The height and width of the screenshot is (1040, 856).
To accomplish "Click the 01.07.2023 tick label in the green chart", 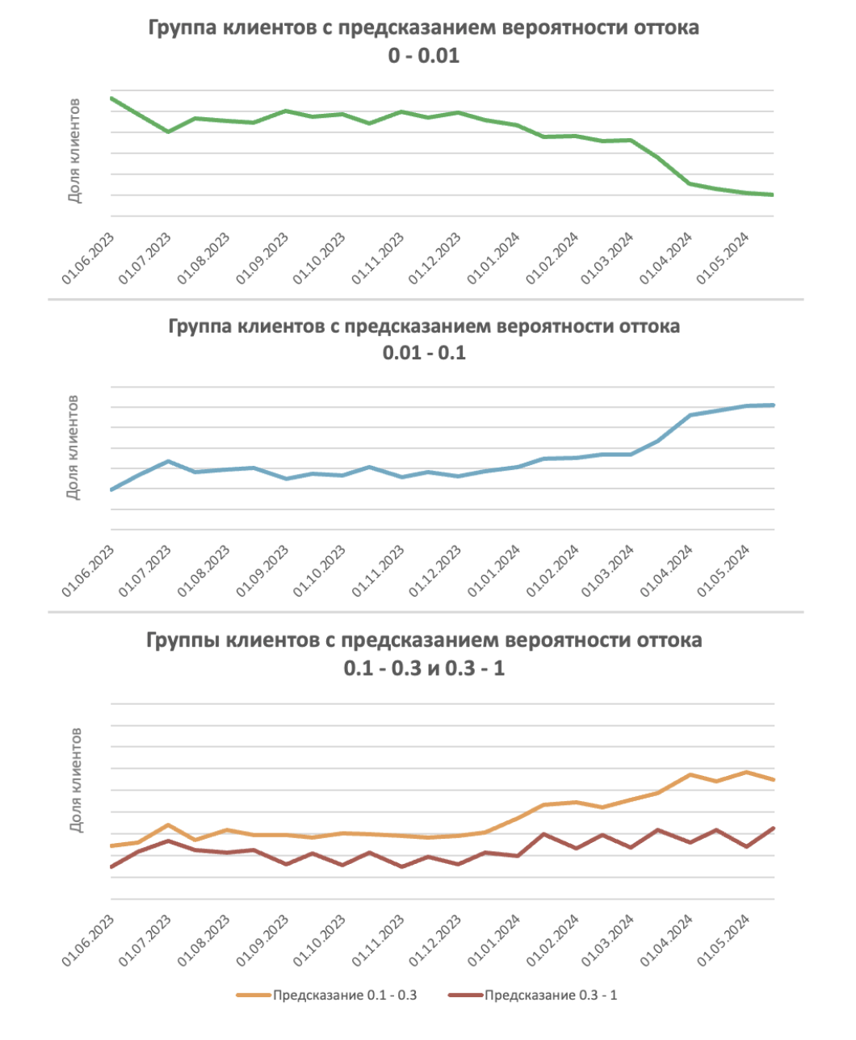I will pos(145,258).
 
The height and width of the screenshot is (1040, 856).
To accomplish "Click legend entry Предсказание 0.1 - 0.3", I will pos(344,995).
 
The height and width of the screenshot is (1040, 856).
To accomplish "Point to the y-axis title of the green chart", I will pos(74,151).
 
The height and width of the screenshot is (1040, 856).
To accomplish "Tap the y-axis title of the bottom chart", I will pos(74,781).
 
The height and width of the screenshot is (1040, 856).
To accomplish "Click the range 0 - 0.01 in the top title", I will pos(424,56).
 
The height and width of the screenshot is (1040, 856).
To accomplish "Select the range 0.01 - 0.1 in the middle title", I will pos(424,353).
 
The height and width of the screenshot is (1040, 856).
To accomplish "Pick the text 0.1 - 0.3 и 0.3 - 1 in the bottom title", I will pos(424,669).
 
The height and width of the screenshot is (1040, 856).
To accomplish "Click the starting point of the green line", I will pos(111,99).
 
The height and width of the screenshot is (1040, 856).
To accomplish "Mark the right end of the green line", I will pos(774,195).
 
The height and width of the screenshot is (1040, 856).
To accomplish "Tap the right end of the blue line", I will pos(774,405).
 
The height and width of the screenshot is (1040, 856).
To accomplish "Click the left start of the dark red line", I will pos(111,867).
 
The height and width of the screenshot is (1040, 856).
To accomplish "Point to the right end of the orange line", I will pos(774,779).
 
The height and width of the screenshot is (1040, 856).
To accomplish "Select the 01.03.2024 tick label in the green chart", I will pos(608,258).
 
